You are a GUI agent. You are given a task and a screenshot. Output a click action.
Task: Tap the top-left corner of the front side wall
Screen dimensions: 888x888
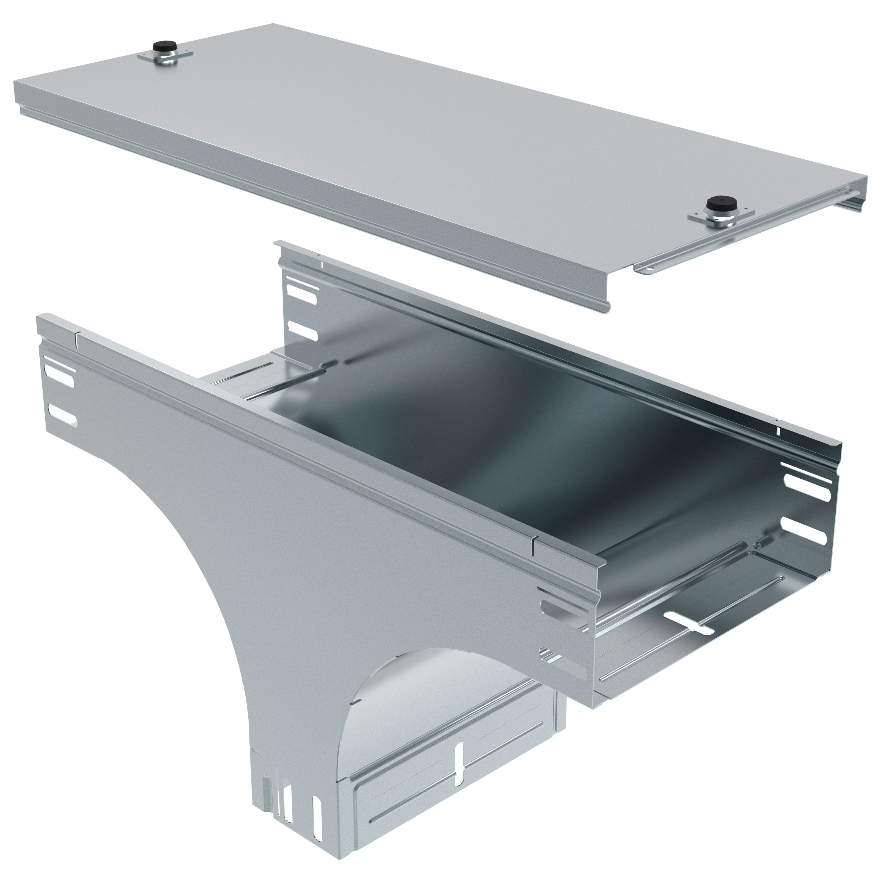(x=41, y=317)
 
